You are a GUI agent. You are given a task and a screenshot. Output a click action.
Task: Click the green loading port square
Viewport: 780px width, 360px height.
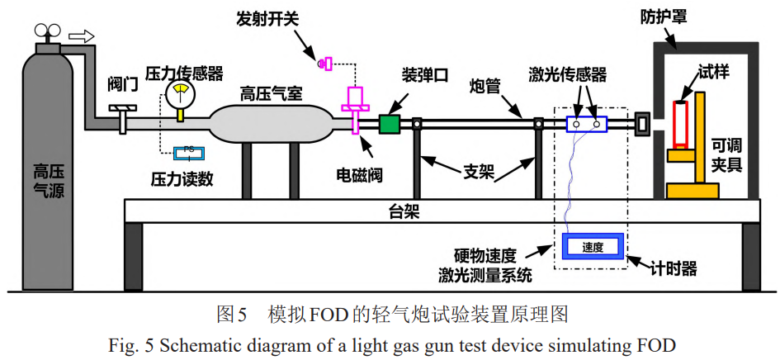[x=389, y=124]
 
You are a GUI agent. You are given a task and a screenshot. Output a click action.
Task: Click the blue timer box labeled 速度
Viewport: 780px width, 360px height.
[x=593, y=246]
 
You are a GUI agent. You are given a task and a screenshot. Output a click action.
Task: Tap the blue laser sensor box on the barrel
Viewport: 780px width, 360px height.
[x=586, y=124]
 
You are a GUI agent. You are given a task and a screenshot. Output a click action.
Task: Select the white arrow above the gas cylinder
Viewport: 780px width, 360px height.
[x=81, y=36]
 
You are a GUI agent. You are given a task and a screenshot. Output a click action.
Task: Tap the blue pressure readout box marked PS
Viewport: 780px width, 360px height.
[x=190, y=151]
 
